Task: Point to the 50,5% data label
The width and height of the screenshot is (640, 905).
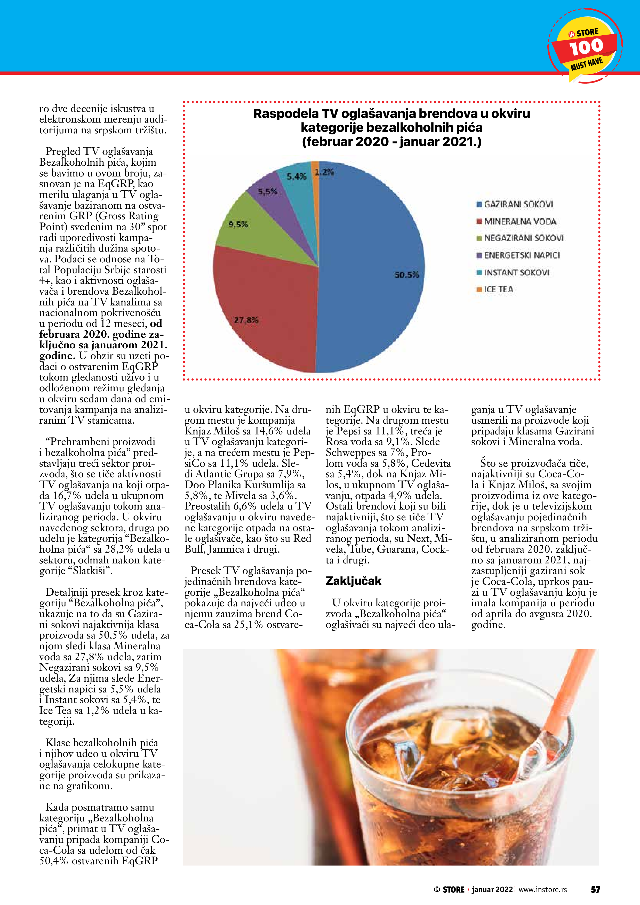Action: pos(406,275)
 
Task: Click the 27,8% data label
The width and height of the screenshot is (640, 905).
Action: pos(246,320)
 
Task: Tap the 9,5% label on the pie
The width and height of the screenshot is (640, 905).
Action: pos(238,225)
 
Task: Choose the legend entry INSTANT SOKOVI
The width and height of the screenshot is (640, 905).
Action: pos(516,272)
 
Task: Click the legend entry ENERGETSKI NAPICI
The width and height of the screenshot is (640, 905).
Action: pos(521,255)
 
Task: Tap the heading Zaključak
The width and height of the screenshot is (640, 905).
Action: pos(353,581)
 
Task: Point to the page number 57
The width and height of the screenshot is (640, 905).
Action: pos(595,889)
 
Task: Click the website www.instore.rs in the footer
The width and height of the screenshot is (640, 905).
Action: pos(543,890)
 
